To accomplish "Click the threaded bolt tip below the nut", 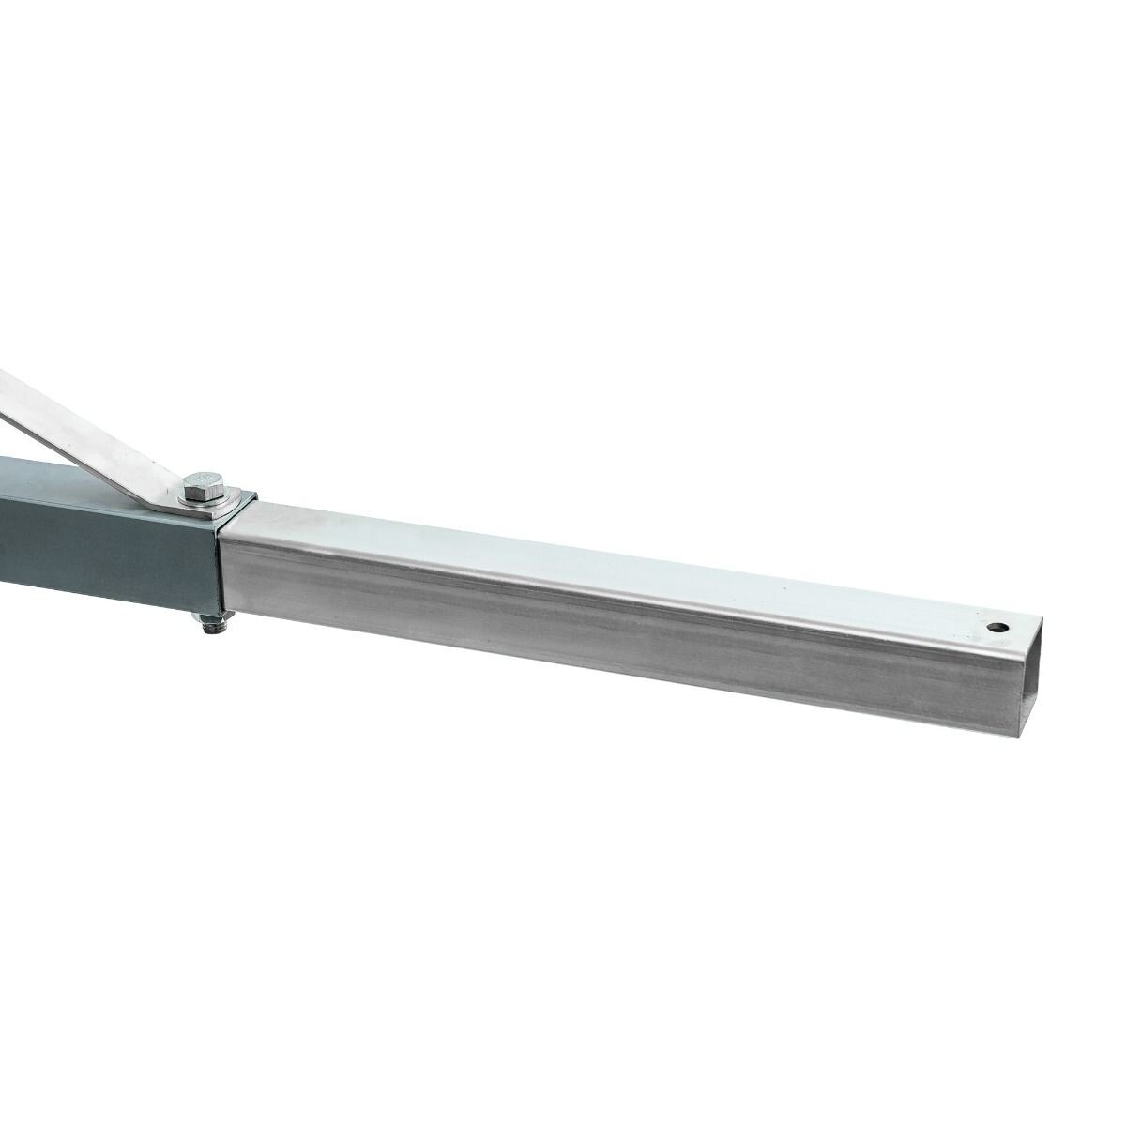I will coord(209,632).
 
